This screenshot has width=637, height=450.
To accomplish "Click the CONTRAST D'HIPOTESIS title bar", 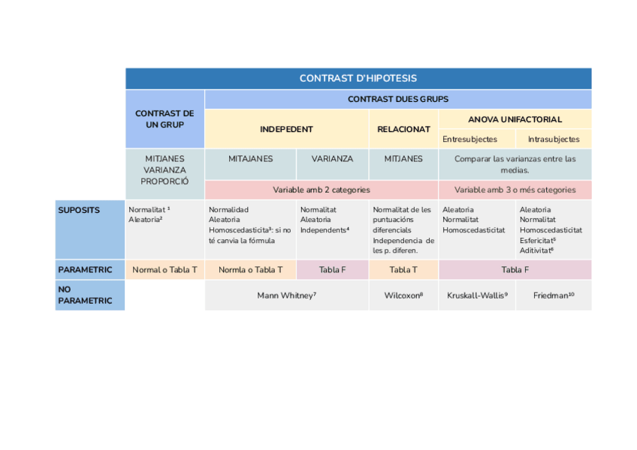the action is tap(358, 78).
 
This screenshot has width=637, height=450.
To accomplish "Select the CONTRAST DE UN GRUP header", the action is tap(165, 119).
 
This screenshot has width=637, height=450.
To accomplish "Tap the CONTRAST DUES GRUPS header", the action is tap(397, 99).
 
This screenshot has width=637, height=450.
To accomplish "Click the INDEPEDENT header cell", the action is tap(286, 129).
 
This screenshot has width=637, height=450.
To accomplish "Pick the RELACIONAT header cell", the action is tap(403, 129).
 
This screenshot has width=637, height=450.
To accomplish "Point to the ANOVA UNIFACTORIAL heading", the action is tap(515, 119).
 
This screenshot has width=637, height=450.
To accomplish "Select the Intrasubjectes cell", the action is tap(554, 139).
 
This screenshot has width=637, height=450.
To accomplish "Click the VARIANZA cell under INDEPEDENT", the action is tap(332, 159).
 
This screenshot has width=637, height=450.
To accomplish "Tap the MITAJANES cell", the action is tap(250, 159).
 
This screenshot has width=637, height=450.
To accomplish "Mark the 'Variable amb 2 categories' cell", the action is tap(321, 190).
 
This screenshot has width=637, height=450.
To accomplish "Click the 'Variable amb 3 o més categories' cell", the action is tap(515, 190).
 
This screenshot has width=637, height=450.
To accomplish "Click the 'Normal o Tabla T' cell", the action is tap(165, 269).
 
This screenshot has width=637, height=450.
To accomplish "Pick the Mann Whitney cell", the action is tap(286, 295).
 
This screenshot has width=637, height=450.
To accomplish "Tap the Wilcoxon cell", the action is tap(403, 295).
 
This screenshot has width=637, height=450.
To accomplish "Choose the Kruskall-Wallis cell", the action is tap(477, 295).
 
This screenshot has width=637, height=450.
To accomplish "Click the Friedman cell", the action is tap(554, 295).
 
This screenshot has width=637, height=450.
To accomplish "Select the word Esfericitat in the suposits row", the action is tap(537, 240).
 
